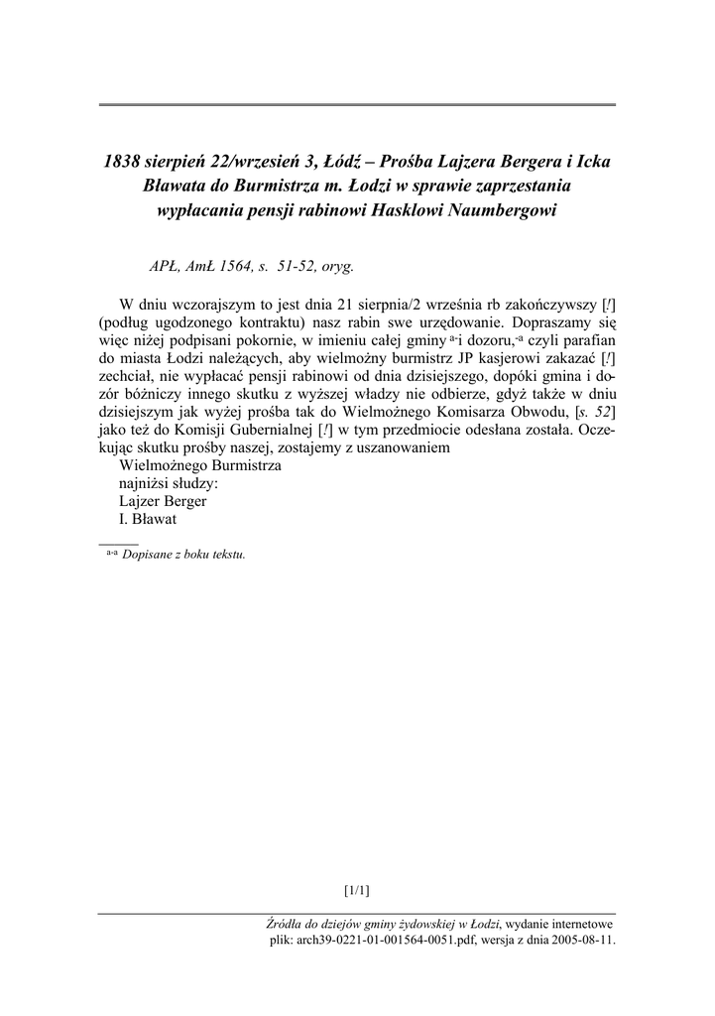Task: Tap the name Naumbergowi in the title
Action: [500, 211]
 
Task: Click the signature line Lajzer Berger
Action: [162, 501]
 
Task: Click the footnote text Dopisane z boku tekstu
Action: [183, 555]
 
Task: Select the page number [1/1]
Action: [357, 889]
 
